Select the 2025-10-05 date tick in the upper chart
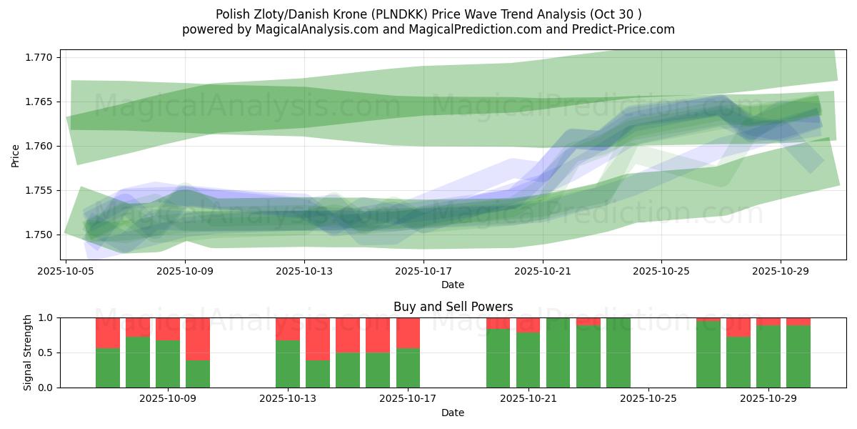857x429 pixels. (66, 271)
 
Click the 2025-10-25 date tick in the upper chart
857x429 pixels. (661, 271)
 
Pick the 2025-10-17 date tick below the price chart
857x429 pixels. (424, 271)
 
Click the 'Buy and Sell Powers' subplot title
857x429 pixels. (453, 307)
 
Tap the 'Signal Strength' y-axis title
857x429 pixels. (28, 352)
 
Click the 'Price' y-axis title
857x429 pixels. (16, 155)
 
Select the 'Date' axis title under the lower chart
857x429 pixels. (453, 413)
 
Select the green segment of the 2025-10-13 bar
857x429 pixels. (288, 364)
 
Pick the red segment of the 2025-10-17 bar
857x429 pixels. (408, 332)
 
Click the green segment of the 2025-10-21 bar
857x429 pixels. (528, 360)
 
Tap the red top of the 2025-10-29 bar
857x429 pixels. (768, 322)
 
